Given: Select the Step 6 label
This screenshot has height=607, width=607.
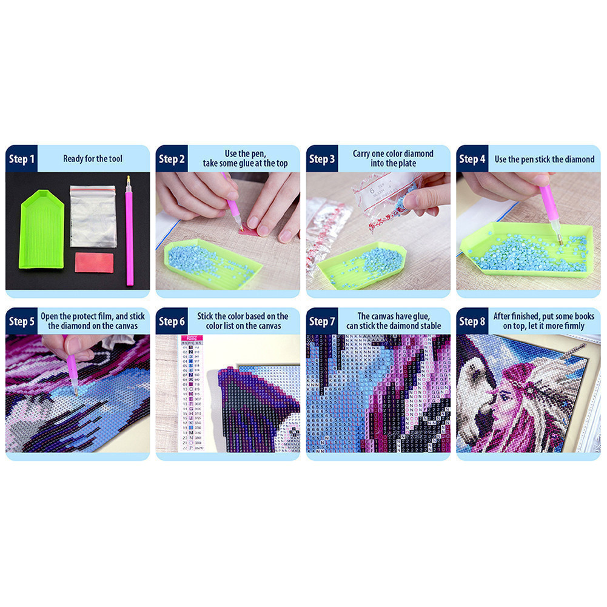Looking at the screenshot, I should [x=172, y=321].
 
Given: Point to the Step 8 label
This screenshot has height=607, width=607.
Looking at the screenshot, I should [x=472, y=321].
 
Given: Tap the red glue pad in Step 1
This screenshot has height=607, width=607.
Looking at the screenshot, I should [x=93, y=263].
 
